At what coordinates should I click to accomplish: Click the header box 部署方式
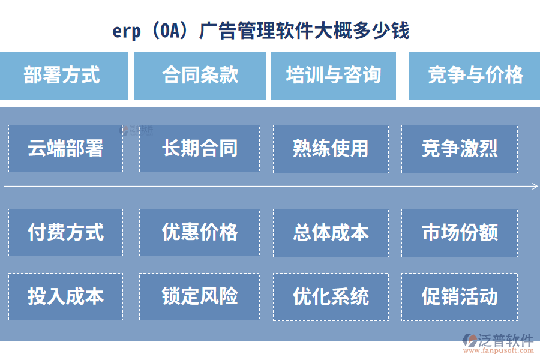click(x=64, y=76)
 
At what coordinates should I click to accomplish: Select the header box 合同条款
click(x=200, y=76)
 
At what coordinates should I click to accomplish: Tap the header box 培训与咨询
click(x=334, y=76)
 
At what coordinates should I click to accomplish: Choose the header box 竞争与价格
click(x=474, y=76)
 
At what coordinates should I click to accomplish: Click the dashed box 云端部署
click(x=65, y=149)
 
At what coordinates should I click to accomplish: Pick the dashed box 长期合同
click(x=199, y=149)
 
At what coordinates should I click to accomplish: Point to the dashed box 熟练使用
click(x=331, y=149)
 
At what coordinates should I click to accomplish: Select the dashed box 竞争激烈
click(x=460, y=149)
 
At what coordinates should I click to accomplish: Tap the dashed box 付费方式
click(x=65, y=232)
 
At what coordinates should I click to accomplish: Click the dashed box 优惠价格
click(x=199, y=232)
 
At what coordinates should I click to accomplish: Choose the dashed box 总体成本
click(x=331, y=232)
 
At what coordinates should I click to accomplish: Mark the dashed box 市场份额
click(x=460, y=232)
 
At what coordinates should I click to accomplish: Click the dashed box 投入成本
click(x=65, y=296)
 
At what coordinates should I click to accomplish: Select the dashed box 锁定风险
click(x=199, y=296)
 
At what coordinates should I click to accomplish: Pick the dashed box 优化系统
click(x=331, y=296)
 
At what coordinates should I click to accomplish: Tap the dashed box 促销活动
click(x=460, y=296)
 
